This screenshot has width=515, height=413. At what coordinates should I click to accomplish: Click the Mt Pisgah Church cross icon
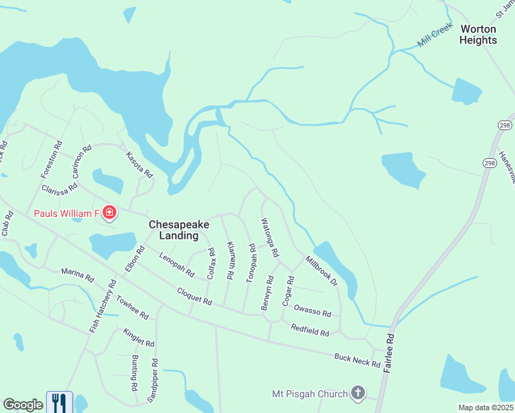(x=357, y=394)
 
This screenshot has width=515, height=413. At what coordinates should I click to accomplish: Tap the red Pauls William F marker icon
(x=109, y=213)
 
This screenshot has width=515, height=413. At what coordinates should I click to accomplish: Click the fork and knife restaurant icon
(x=59, y=402)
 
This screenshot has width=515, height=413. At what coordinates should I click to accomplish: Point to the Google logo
(x=23, y=405)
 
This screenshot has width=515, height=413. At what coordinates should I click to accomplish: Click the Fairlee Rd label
(x=390, y=350)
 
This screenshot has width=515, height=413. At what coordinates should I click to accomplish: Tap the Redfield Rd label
(x=310, y=330)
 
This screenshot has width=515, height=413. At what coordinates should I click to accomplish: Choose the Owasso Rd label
(x=313, y=310)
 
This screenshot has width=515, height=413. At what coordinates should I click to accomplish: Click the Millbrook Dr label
(x=322, y=271)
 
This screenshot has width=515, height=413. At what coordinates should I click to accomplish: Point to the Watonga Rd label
(x=269, y=237)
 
